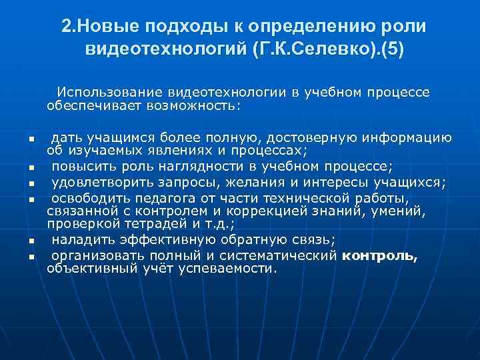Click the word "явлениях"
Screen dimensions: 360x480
click(x=181, y=151)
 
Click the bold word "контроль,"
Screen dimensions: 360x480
click(x=379, y=256)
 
